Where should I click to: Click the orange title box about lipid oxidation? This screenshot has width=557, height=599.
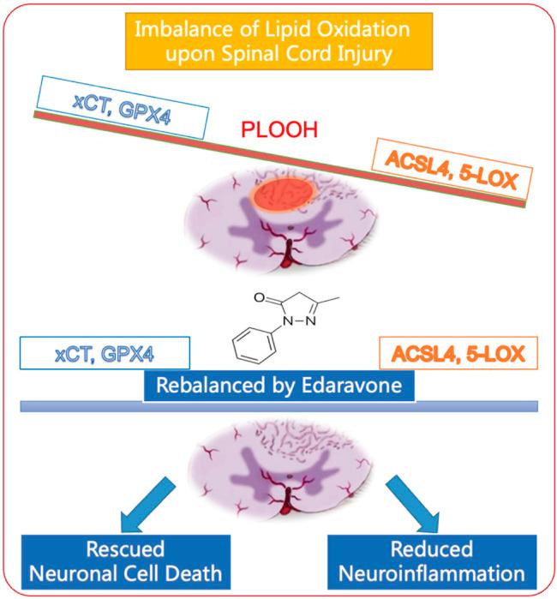(x=279, y=41)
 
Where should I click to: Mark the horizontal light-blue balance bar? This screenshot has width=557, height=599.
(x=278, y=410)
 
